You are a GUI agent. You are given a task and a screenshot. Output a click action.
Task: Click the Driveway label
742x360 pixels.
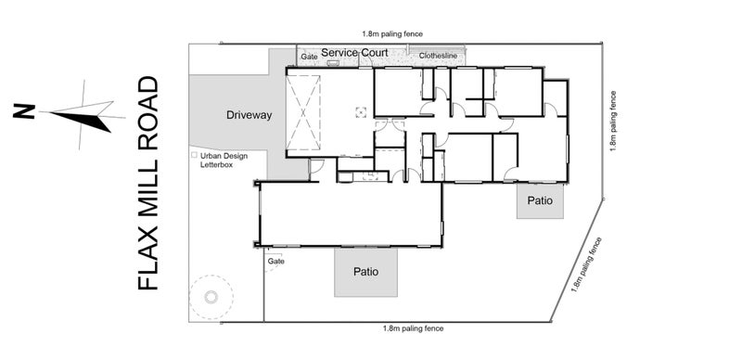249,115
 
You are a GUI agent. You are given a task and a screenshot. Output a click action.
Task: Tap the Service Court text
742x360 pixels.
354,53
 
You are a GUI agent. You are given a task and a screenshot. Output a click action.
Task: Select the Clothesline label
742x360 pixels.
438,56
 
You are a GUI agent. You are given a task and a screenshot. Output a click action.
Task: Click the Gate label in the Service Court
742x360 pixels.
310,57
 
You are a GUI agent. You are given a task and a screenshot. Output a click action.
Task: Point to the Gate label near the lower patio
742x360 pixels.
275,261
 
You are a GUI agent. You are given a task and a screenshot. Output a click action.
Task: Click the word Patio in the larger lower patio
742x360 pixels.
365,272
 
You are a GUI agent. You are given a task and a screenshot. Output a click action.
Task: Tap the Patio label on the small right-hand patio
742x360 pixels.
540,200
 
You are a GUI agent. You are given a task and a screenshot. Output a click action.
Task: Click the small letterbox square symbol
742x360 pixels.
194,155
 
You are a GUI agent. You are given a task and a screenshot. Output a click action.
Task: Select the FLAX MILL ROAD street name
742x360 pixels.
147,183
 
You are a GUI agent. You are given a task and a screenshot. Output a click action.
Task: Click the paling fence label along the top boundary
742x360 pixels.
392,34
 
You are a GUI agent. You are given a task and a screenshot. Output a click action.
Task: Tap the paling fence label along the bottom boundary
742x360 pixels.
413,328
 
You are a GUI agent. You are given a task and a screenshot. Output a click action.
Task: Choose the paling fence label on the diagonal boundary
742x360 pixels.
587,264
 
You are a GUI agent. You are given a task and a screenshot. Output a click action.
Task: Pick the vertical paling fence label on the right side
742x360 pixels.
613,121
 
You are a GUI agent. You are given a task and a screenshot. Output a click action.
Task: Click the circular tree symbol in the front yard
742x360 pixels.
211,298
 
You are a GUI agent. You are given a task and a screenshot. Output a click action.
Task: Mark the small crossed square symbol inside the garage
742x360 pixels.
361,112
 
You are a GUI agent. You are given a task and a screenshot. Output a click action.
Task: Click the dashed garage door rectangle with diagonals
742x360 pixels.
303,113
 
